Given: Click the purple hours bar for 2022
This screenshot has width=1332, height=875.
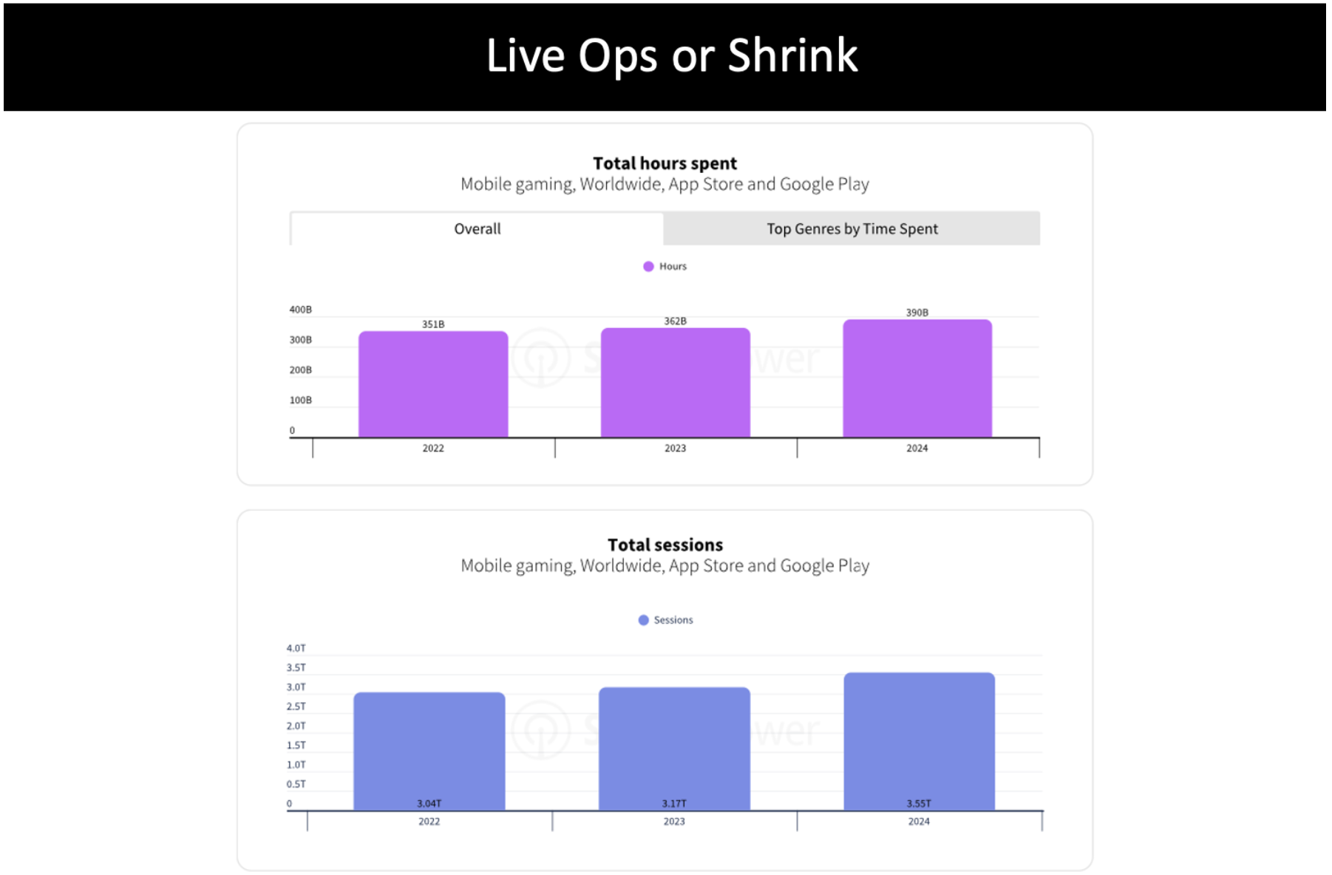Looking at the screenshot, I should (x=433, y=384).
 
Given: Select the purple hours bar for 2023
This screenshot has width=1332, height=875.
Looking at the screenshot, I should (x=675, y=383).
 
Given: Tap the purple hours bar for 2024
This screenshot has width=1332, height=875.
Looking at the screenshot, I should (x=917, y=378).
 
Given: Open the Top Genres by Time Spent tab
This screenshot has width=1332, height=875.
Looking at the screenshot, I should (x=852, y=229).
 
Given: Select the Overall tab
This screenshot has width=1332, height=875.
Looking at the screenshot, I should (x=478, y=229).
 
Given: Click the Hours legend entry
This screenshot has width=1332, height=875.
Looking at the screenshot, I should (x=665, y=266).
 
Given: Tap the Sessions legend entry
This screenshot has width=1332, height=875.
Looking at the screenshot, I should (x=666, y=620).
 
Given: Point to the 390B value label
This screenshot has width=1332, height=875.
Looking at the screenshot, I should (x=917, y=313).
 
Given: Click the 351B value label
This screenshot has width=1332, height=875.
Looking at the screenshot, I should (x=433, y=324).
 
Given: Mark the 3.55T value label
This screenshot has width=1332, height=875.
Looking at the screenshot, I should (x=919, y=803).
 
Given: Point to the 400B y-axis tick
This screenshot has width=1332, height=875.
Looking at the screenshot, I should (x=300, y=310).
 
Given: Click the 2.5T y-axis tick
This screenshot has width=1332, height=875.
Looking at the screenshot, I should (x=296, y=707).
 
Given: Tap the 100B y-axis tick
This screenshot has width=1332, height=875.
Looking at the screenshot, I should (x=300, y=401).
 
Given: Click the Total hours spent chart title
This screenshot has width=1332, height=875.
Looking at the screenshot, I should (x=665, y=163).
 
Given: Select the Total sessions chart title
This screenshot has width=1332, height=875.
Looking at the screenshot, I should (x=665, y=545).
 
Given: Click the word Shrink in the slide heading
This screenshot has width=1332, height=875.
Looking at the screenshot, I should (x=792, y=55).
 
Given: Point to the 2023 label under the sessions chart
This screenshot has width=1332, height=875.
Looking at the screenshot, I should (x=674, y=821).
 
